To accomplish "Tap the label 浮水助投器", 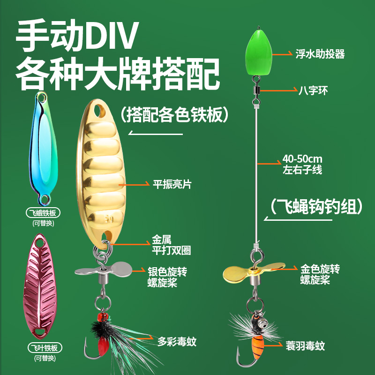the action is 321,54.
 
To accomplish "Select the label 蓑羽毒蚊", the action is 305,346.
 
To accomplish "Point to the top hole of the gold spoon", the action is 99,112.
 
